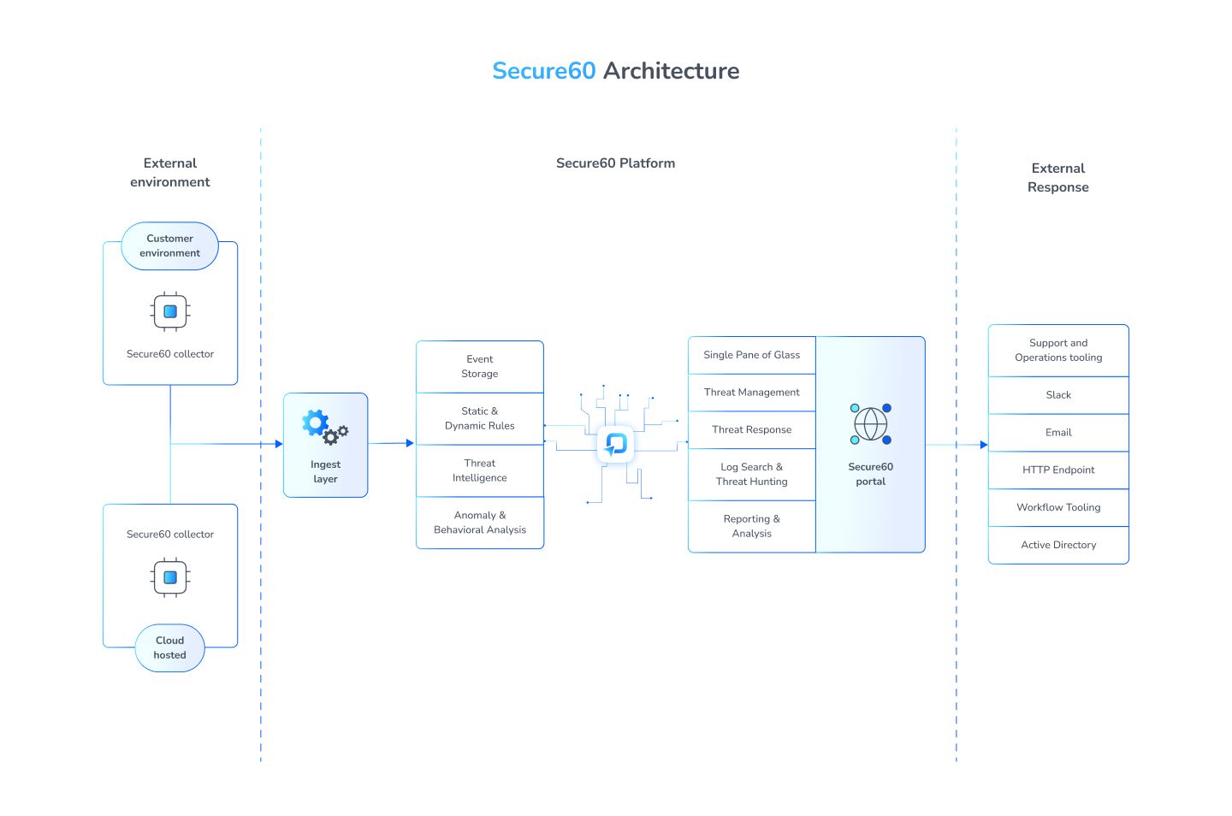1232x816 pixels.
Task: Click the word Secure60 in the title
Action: [x=543, y=71]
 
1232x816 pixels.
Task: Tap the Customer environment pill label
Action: [x=169, y=246]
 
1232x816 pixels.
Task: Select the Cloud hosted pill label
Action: [x=169, y=647]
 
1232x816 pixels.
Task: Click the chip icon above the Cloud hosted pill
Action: [x=169, y=577]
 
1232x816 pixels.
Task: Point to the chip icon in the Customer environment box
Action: [x=169, y=311]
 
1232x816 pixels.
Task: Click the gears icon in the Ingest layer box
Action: [x=324, y=426]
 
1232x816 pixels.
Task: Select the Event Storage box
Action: [x=479, y=367]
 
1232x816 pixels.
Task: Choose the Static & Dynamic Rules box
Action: [x=479, y=418]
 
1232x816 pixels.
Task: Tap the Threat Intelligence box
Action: [x=479, y=470]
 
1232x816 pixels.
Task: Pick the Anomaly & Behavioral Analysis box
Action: [x=479, y=523]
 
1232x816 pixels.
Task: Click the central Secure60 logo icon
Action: [x=615, y=444]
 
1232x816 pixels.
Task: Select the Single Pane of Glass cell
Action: [x=751, y=355]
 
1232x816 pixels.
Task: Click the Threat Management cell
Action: [x=751, y=393]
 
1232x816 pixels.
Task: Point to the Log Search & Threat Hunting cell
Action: [x=751, y=475]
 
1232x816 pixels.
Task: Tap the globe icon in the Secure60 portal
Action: [x=870, y=424]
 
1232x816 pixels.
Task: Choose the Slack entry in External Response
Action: [x=1058, y=395]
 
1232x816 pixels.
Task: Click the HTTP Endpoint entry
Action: [x=1058, y=470]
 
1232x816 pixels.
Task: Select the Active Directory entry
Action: [x=1058, y=545]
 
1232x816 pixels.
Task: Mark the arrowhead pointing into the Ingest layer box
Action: [x=278, y=444]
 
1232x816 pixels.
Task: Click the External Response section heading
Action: [x=1058, y=178]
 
